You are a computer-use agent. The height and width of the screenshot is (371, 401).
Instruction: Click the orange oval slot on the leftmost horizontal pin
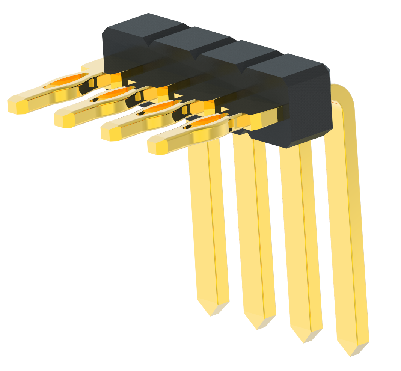(x=67, y=80)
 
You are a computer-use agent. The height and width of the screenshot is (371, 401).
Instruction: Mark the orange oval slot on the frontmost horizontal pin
(x=206, y=121)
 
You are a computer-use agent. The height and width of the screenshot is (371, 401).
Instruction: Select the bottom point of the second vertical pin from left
(x=258, y=328)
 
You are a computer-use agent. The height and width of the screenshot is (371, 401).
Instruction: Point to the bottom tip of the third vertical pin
(x=304, y=341)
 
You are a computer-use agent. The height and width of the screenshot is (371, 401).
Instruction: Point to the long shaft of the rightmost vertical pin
(x=349, y=225)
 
